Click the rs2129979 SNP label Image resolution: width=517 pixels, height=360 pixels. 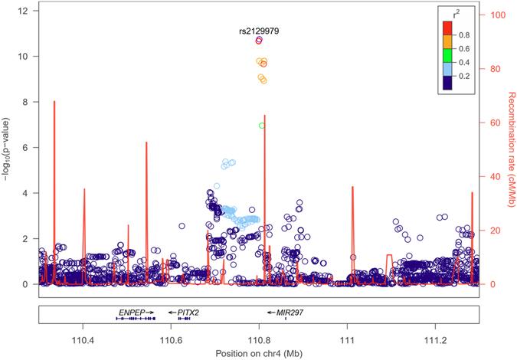tap(260, 30)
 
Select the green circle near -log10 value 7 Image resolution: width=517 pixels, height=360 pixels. tap(262, 126)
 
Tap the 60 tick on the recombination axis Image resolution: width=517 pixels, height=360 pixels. tap(489, 123)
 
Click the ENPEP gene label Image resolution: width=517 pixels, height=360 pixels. tap(132, 313)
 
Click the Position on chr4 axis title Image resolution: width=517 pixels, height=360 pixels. tap(259, 352)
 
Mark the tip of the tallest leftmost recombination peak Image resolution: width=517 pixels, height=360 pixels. tap(54, 101)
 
